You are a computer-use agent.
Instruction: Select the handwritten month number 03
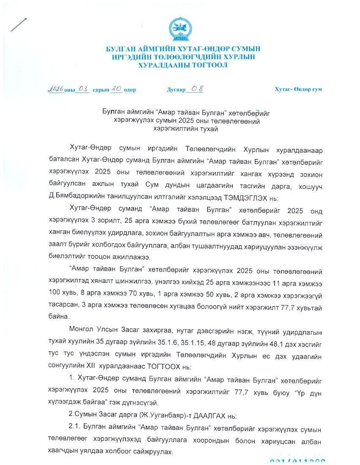pyautogui.click(x=83, y=89)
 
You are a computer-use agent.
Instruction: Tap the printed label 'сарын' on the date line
pyautogui.click(x=101, y=90)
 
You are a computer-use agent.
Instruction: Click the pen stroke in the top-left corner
pyautogui.click(x=19, y=25)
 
